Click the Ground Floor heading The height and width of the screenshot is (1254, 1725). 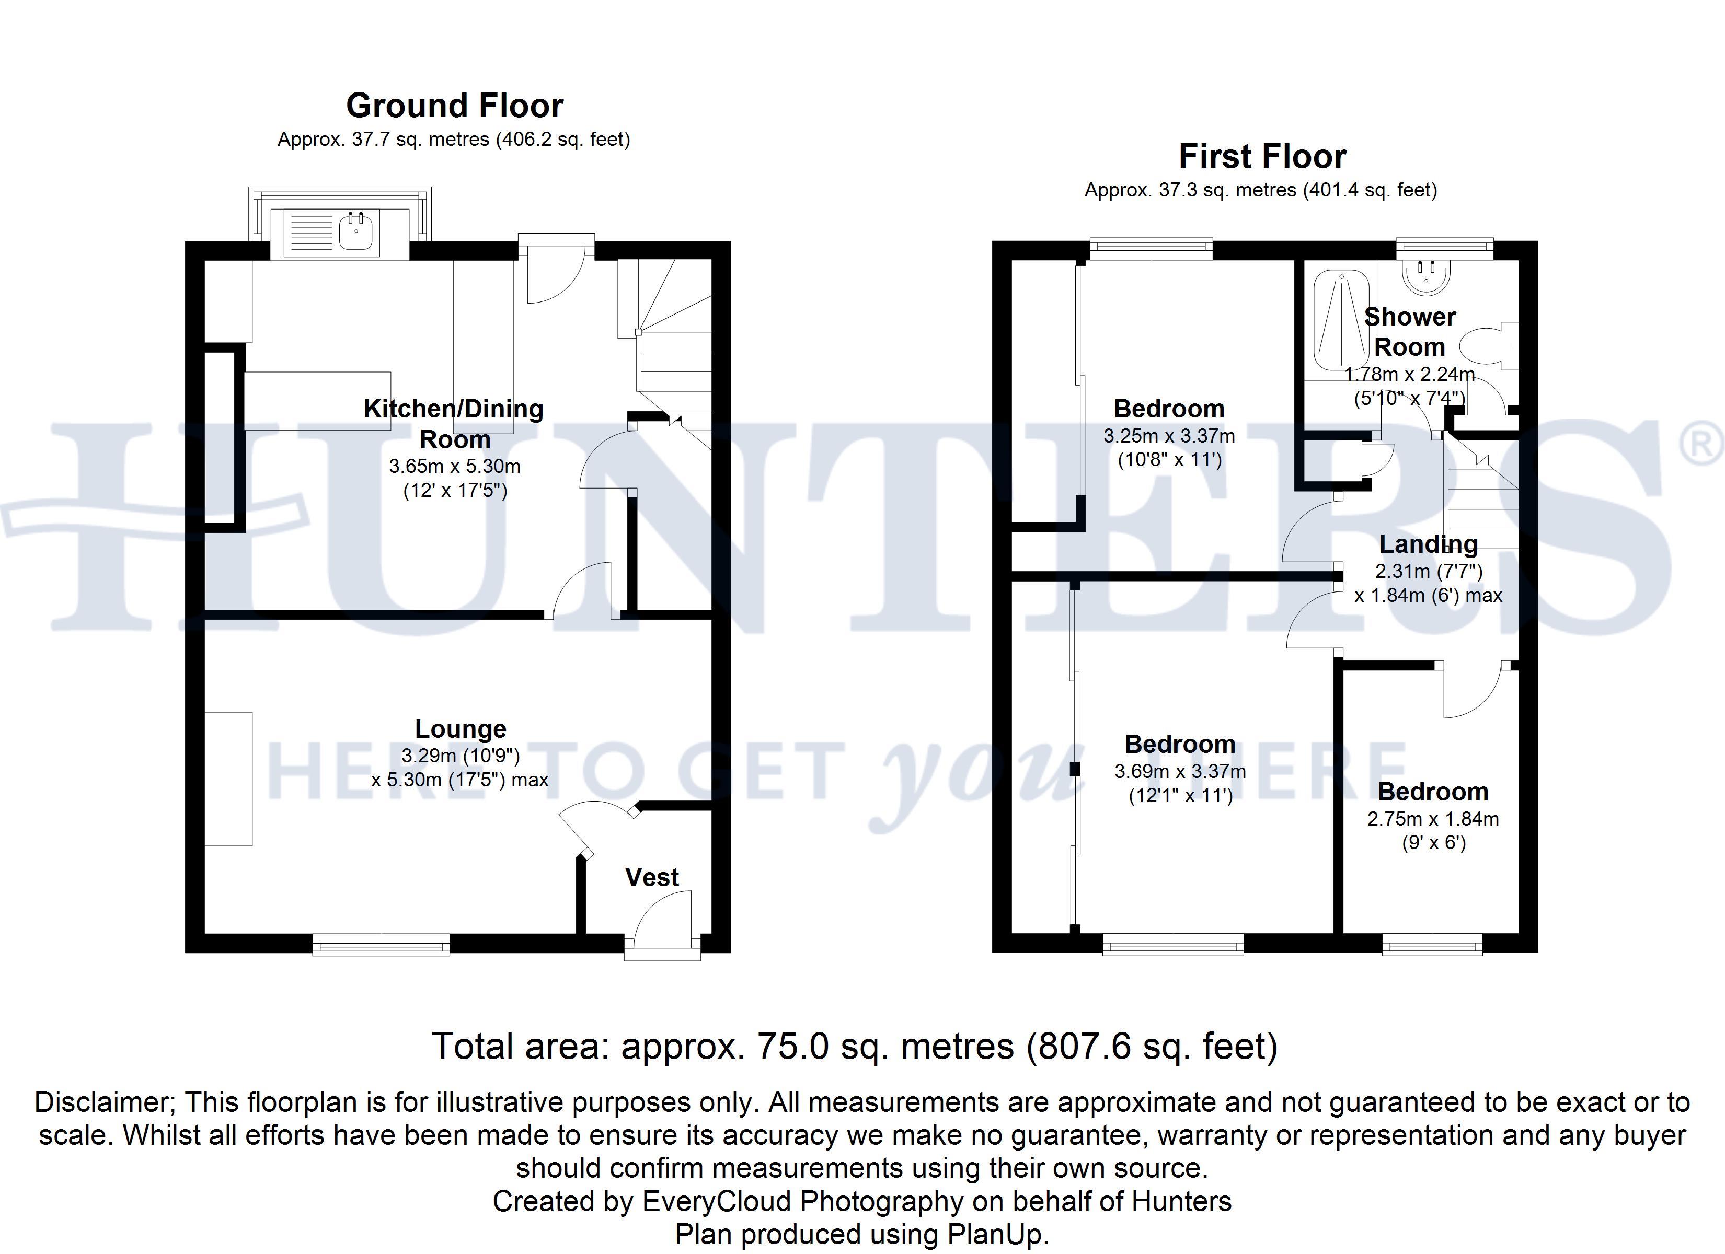[455, 106]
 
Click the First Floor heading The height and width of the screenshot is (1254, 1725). [1262, 157]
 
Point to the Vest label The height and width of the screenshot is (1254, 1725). [652, 878]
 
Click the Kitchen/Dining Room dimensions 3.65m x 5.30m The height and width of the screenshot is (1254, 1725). [455, 466]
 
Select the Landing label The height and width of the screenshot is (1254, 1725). [1429, 544]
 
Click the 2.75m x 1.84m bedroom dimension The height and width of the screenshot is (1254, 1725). [1433, 819]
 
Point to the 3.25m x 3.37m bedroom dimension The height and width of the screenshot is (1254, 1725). [1169, 436]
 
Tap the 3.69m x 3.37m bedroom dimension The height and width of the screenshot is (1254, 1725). [1180, 771]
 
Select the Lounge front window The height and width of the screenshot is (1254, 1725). [381, 945]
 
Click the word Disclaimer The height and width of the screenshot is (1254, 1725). [104, 1102]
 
